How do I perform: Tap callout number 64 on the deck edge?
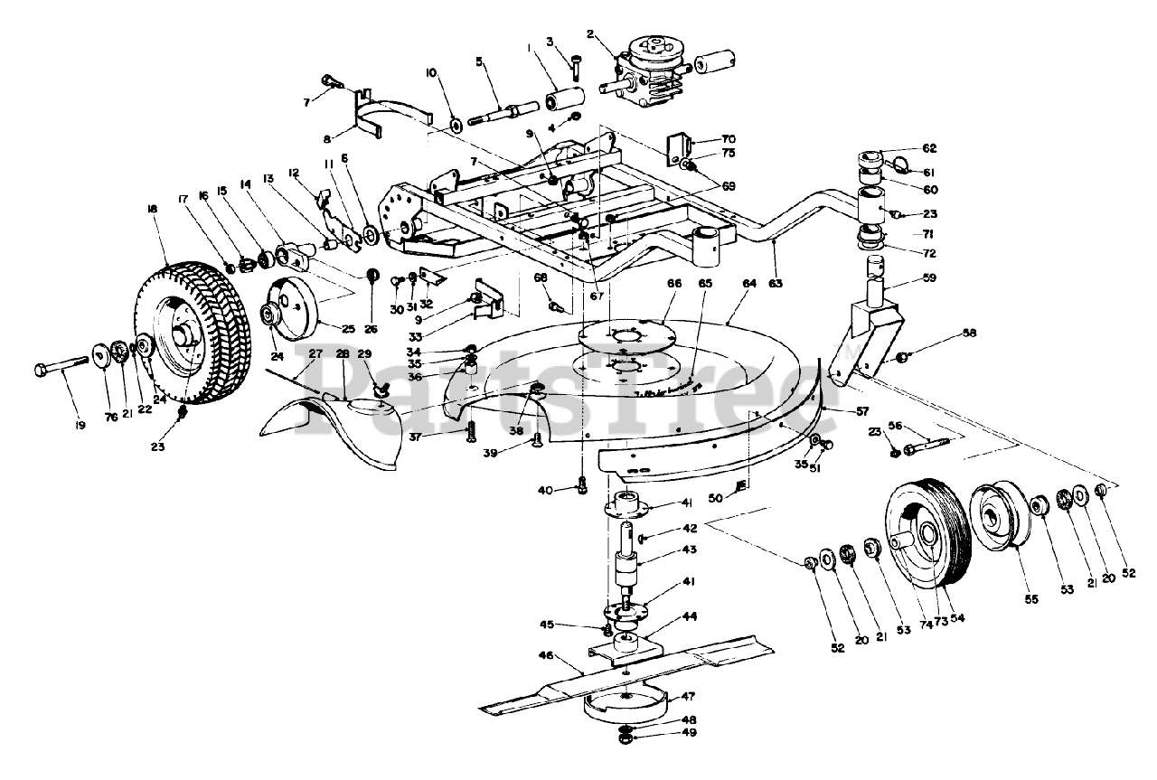749,284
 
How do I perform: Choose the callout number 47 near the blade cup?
688,696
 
